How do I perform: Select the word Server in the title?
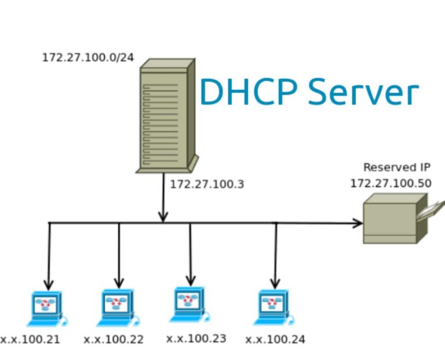(x=363, y=93)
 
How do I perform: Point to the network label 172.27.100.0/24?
(x=87, y=58)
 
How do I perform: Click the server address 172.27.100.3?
(x=207, y=185)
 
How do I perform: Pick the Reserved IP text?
(x=397, y=168)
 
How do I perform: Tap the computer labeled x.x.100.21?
(x=46, y=308)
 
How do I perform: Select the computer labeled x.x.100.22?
(x=116, y=307)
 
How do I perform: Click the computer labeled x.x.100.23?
(x=189, y=304)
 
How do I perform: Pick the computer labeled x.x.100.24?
(x=273, y=307)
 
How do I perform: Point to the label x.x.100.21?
(x=30, y=339)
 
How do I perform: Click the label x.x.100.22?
(x=114, y=339)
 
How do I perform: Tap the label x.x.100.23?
(x=196, y=338)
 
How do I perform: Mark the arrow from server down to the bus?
(x=163, y=197)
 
